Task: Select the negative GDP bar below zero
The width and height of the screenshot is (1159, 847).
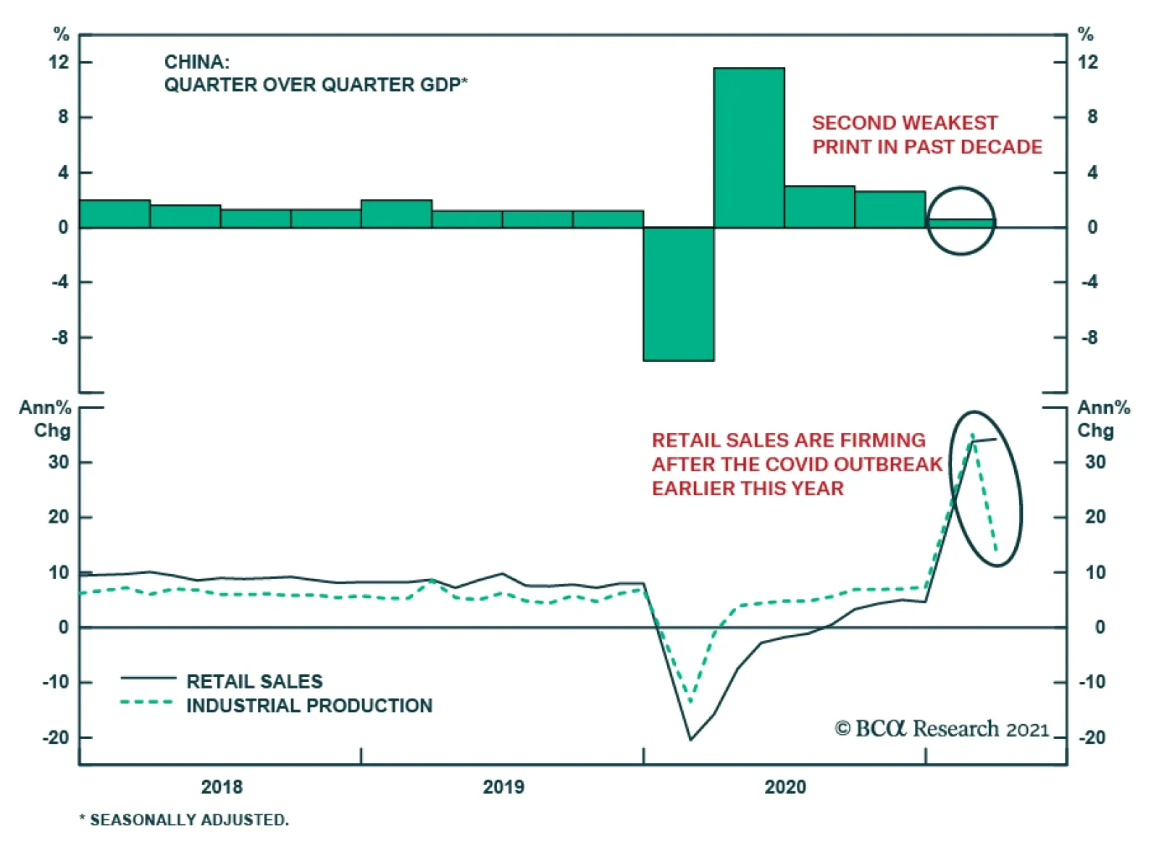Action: [x=679, y=293]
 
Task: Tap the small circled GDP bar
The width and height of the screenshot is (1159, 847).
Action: [x=961, y=223]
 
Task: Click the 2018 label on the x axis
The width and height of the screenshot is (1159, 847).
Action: [x=222, y=787]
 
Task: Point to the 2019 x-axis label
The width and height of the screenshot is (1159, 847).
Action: [x=503, y=787]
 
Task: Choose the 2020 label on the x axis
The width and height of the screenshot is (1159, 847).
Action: [x=785, y=787]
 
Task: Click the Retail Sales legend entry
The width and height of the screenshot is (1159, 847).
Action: [x=254, y=681]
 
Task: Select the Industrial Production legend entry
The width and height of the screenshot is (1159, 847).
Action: [x=309, y=705]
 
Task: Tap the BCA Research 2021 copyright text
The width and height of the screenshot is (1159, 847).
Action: [x=942, y=728]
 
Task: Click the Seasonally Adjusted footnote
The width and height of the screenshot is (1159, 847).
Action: [x=184, y=819]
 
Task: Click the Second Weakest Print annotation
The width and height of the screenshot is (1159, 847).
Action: [x=926, y=135]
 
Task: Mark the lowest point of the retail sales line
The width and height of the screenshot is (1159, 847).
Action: [x=690, y=739]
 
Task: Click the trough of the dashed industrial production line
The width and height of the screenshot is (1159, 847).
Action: [x=690, y=701]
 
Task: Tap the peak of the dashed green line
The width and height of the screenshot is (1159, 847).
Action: [x=973, y=434]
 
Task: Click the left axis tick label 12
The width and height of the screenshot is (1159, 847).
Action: [x=59, y=62]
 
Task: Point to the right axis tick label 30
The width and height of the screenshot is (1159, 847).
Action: [x=1095, y=462]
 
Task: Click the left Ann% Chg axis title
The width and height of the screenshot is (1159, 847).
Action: [x=45, y=418]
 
